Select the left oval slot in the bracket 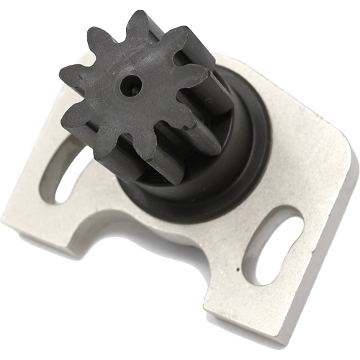pos(68,173)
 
